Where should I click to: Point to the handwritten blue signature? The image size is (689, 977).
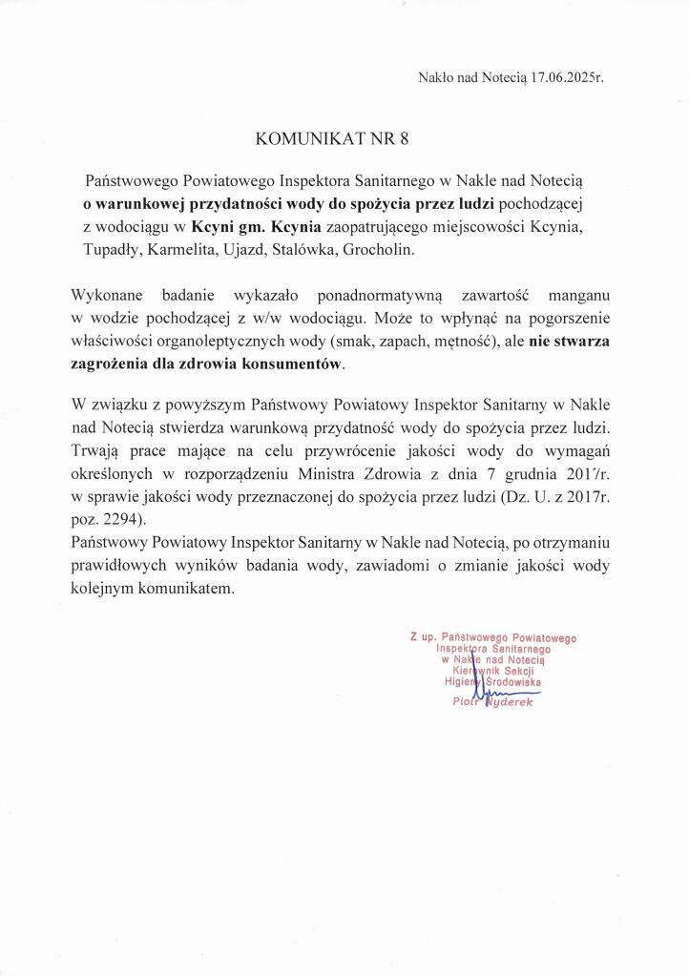[496, 696]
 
